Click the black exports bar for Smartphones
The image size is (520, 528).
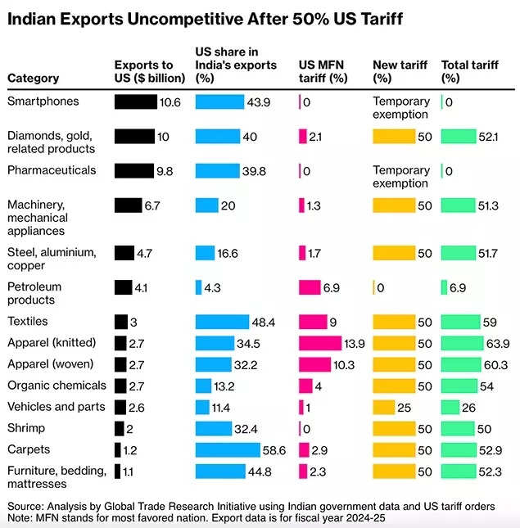tap(135, 102)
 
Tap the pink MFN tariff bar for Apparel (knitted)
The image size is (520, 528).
tap(319, 342)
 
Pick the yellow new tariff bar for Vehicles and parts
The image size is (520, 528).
tap(383, 407)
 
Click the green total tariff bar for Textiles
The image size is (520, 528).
tap(460, 322)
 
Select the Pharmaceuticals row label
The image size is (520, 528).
tap(52, 170)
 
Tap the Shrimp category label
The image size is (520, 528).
tap(26, 428)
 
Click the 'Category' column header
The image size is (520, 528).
tap(33, 79)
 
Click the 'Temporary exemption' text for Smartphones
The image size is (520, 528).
tap(400, 107)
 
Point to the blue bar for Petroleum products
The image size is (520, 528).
tap(198, 287)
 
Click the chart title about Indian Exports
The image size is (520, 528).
tap(205, 18)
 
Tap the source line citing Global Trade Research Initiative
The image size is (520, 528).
tap(262, 506)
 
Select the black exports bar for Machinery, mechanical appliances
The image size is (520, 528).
tap(128, 205)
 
